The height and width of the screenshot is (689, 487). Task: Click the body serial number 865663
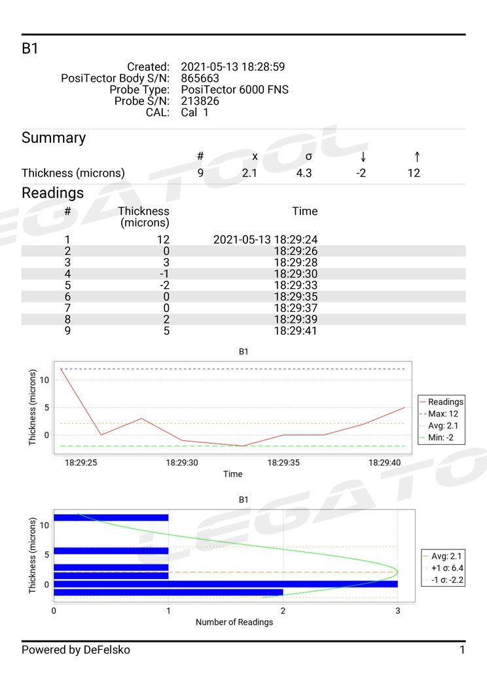click(200, 79)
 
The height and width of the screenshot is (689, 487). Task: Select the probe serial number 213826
click(200, 101)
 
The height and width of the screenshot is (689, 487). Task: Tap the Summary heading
click(54, 138)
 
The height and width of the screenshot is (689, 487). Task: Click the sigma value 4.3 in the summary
click(308, 174)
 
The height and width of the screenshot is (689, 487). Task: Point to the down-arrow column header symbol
click(363, 157)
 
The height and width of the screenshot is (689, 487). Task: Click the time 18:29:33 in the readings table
click(295, 285)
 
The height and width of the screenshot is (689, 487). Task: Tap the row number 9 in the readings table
click(67, 331)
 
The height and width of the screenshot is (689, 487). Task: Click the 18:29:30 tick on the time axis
click(182, 462)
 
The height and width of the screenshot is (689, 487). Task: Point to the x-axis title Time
click(232, 474)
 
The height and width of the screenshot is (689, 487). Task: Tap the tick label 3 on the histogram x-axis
click(397, 610)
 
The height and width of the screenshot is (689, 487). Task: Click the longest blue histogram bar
click(226, 584)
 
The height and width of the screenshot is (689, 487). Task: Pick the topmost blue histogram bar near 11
click(111, 517)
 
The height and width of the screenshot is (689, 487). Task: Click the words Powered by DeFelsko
click(76, 650)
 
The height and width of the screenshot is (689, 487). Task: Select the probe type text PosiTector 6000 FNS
click(234, 90)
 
